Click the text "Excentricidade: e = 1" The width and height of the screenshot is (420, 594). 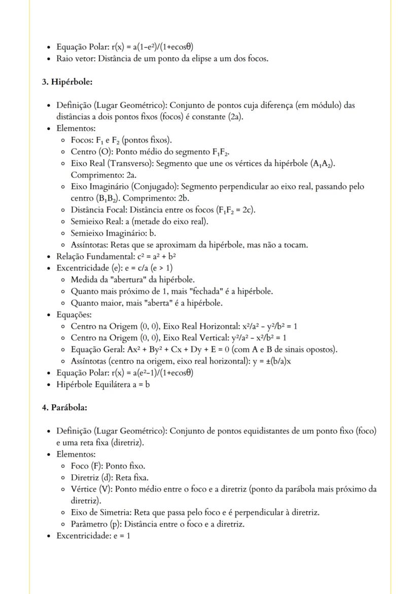tap(93, 536)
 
